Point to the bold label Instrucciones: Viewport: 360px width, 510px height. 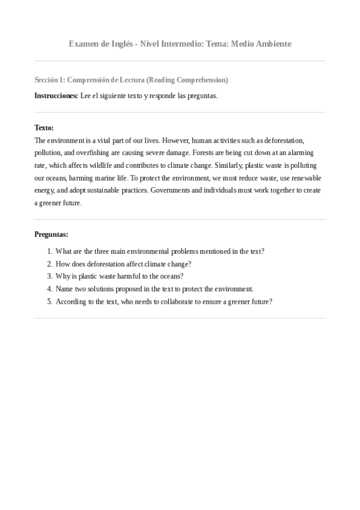56,96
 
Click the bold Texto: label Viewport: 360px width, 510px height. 44,127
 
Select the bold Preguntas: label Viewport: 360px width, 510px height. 51,234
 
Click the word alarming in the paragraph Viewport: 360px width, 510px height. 299,153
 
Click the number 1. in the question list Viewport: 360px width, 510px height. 49,251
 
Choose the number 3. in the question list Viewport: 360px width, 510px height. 49,277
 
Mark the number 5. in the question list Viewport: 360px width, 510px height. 49,302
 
